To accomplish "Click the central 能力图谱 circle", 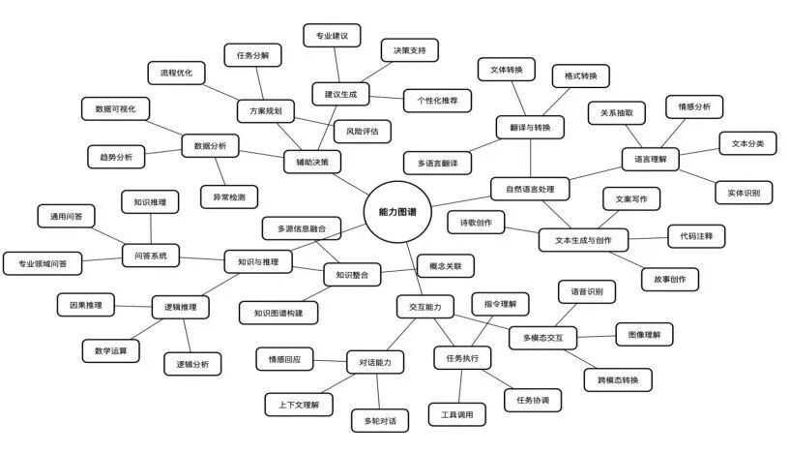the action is point(397,212).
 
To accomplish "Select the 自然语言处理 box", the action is point(530,189).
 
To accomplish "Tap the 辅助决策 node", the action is point(312,162).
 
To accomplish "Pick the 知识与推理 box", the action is point(258,261).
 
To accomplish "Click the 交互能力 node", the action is point(425,307).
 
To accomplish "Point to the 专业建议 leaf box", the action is point(332,35).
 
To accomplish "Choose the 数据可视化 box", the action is point(115,109).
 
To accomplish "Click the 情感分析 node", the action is point(694,106).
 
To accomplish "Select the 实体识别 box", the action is point(744,193).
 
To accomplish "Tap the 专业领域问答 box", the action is point(43,263).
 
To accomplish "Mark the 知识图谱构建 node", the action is point(278,313).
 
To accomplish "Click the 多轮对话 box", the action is point(380,421).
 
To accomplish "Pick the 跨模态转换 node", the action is point(618,379).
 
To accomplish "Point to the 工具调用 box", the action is point(457,414).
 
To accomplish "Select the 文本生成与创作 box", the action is point(583,240).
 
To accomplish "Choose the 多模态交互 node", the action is point(542,338).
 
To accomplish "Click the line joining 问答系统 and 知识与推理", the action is point(201,258).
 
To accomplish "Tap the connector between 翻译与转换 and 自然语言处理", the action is point(530,158).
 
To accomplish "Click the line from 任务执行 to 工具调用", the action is point(460,386).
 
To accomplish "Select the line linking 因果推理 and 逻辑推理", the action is point(133,306).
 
